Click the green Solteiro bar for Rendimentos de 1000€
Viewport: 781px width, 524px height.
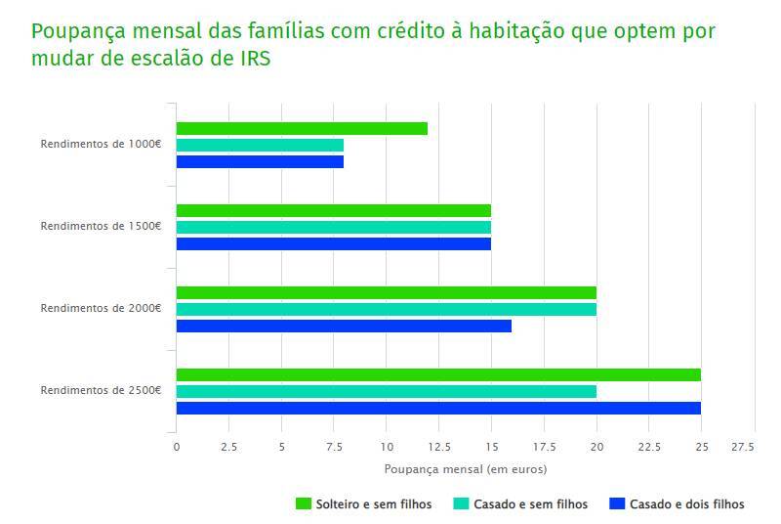(302, 129)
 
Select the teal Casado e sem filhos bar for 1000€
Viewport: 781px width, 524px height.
(260, 146)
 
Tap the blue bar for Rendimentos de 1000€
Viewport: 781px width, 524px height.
(260, 162)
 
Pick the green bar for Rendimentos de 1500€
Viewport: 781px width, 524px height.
(333, 210)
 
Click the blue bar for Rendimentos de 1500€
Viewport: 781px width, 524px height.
(333, 244)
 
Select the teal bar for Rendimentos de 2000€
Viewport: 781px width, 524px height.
(386, 309)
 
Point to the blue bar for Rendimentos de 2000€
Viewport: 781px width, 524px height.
(344, 326)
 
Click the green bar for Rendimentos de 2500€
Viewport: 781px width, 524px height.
(438, 374)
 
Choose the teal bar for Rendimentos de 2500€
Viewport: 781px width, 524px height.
(386, 391)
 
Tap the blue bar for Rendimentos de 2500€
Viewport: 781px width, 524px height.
(438, 408)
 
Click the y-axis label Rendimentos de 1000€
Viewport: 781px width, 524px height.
(101, 145)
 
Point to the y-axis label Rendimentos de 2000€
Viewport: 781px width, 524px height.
(101, 309)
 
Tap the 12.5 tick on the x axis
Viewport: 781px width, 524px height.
(438, 448)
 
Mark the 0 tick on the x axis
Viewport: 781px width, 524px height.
(177, 448)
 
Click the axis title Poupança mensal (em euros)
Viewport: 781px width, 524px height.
(466, 469)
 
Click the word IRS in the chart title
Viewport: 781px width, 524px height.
(255, 59)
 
